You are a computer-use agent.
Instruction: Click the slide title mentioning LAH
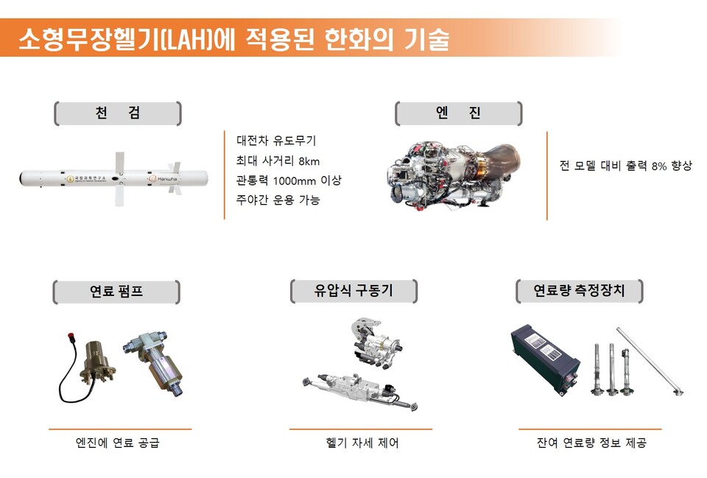click(233, 38)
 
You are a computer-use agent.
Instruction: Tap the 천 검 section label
click(118, 113)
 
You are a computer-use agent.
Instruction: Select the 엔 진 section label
click(458, 113)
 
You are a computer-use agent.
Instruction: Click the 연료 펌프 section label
click(116, 291)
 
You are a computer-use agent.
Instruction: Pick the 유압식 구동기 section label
click(353, 291)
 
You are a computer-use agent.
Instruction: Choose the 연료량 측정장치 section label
click(578, 291)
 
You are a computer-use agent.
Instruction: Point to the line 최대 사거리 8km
click(278, 161)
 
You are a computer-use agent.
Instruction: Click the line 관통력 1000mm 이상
click(289, 180)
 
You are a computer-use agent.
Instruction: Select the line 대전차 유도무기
click(275, 141)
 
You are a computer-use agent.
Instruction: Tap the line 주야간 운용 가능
click(278, 200)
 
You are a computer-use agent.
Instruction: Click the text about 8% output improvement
click(626, 166)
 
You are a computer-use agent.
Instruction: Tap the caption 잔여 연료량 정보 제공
click(591, 443)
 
